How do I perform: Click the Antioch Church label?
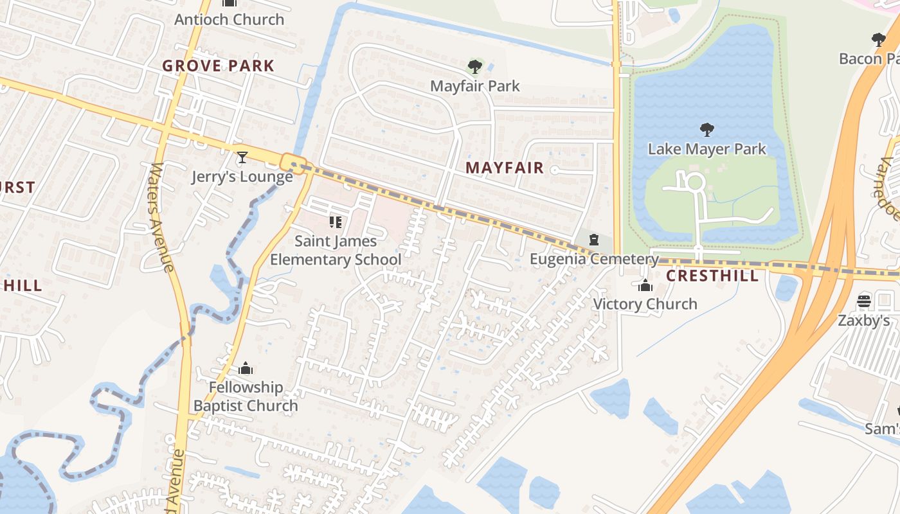point(229,19)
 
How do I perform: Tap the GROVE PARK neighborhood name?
point(218,66)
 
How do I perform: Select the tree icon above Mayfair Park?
point(475,66)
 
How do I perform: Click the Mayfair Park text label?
point(475,86)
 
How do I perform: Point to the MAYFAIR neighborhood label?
point(505,168)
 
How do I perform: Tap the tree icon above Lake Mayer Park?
point(707,130)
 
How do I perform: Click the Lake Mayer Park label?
point(707,149)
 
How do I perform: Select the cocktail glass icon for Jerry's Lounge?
point(242,157)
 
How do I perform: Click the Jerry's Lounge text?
point(242,177)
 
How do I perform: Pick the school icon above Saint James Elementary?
point(335,222)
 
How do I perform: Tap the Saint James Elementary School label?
point(336,250)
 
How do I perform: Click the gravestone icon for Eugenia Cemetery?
point(595,240)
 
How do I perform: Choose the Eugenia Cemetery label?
point(595,259)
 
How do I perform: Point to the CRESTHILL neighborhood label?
point(712,276)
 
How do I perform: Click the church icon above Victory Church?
point(645,285)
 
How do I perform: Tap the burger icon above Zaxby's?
point(864,301)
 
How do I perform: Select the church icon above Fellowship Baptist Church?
point(246,369)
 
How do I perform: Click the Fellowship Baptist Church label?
point(246,396)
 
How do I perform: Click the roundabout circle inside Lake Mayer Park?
point(695,182)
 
